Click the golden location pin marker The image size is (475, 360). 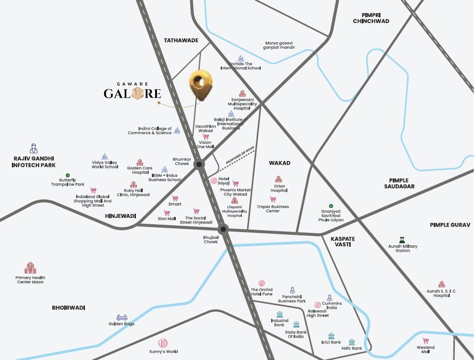pos(201,84)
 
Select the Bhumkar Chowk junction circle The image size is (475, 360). pos(199,164)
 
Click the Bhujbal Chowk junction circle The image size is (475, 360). pos(223,229)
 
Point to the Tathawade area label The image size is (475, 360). pos(181,40)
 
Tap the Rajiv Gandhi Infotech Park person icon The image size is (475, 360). pos(34,148)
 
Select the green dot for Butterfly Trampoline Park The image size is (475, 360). pos(67,175)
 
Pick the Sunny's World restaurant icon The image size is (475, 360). pos(162,343)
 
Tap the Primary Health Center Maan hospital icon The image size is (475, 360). pos(30,268)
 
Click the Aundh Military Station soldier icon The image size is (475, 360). pos(402,239)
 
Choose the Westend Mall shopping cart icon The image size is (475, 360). pos(425,341)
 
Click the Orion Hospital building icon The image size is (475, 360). pos(278,179)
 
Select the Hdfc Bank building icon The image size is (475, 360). pos(352,342)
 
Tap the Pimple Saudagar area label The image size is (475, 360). pos(399,183)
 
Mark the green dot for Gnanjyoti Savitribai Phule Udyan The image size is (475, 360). pos(330,206)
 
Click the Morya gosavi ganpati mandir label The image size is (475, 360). pos(280,45)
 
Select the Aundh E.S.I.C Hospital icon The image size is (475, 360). pos(441,284)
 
